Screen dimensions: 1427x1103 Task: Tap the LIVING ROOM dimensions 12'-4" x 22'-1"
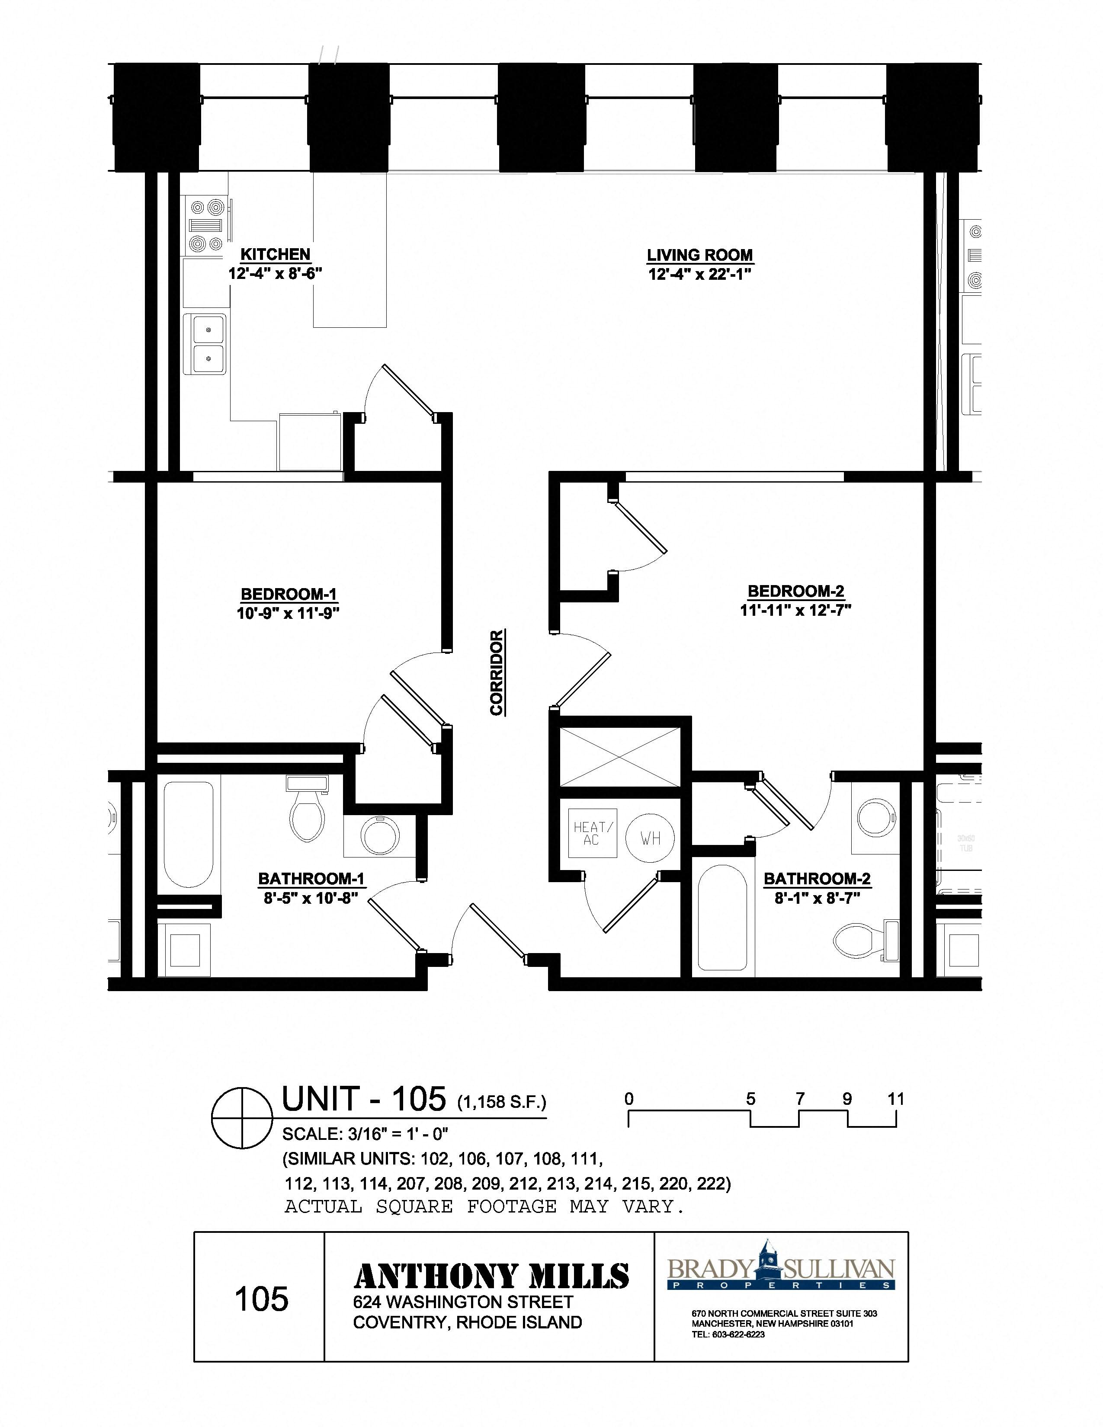pos(700,274)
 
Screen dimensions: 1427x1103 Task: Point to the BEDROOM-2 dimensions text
pos(796,610)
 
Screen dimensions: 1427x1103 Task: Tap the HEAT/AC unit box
pos(591,833)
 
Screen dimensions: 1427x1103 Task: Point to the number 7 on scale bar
pos(800,1099)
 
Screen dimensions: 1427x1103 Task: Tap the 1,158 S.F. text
pos(501,1102)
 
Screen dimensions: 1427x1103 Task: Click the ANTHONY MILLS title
pos(491,1276)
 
